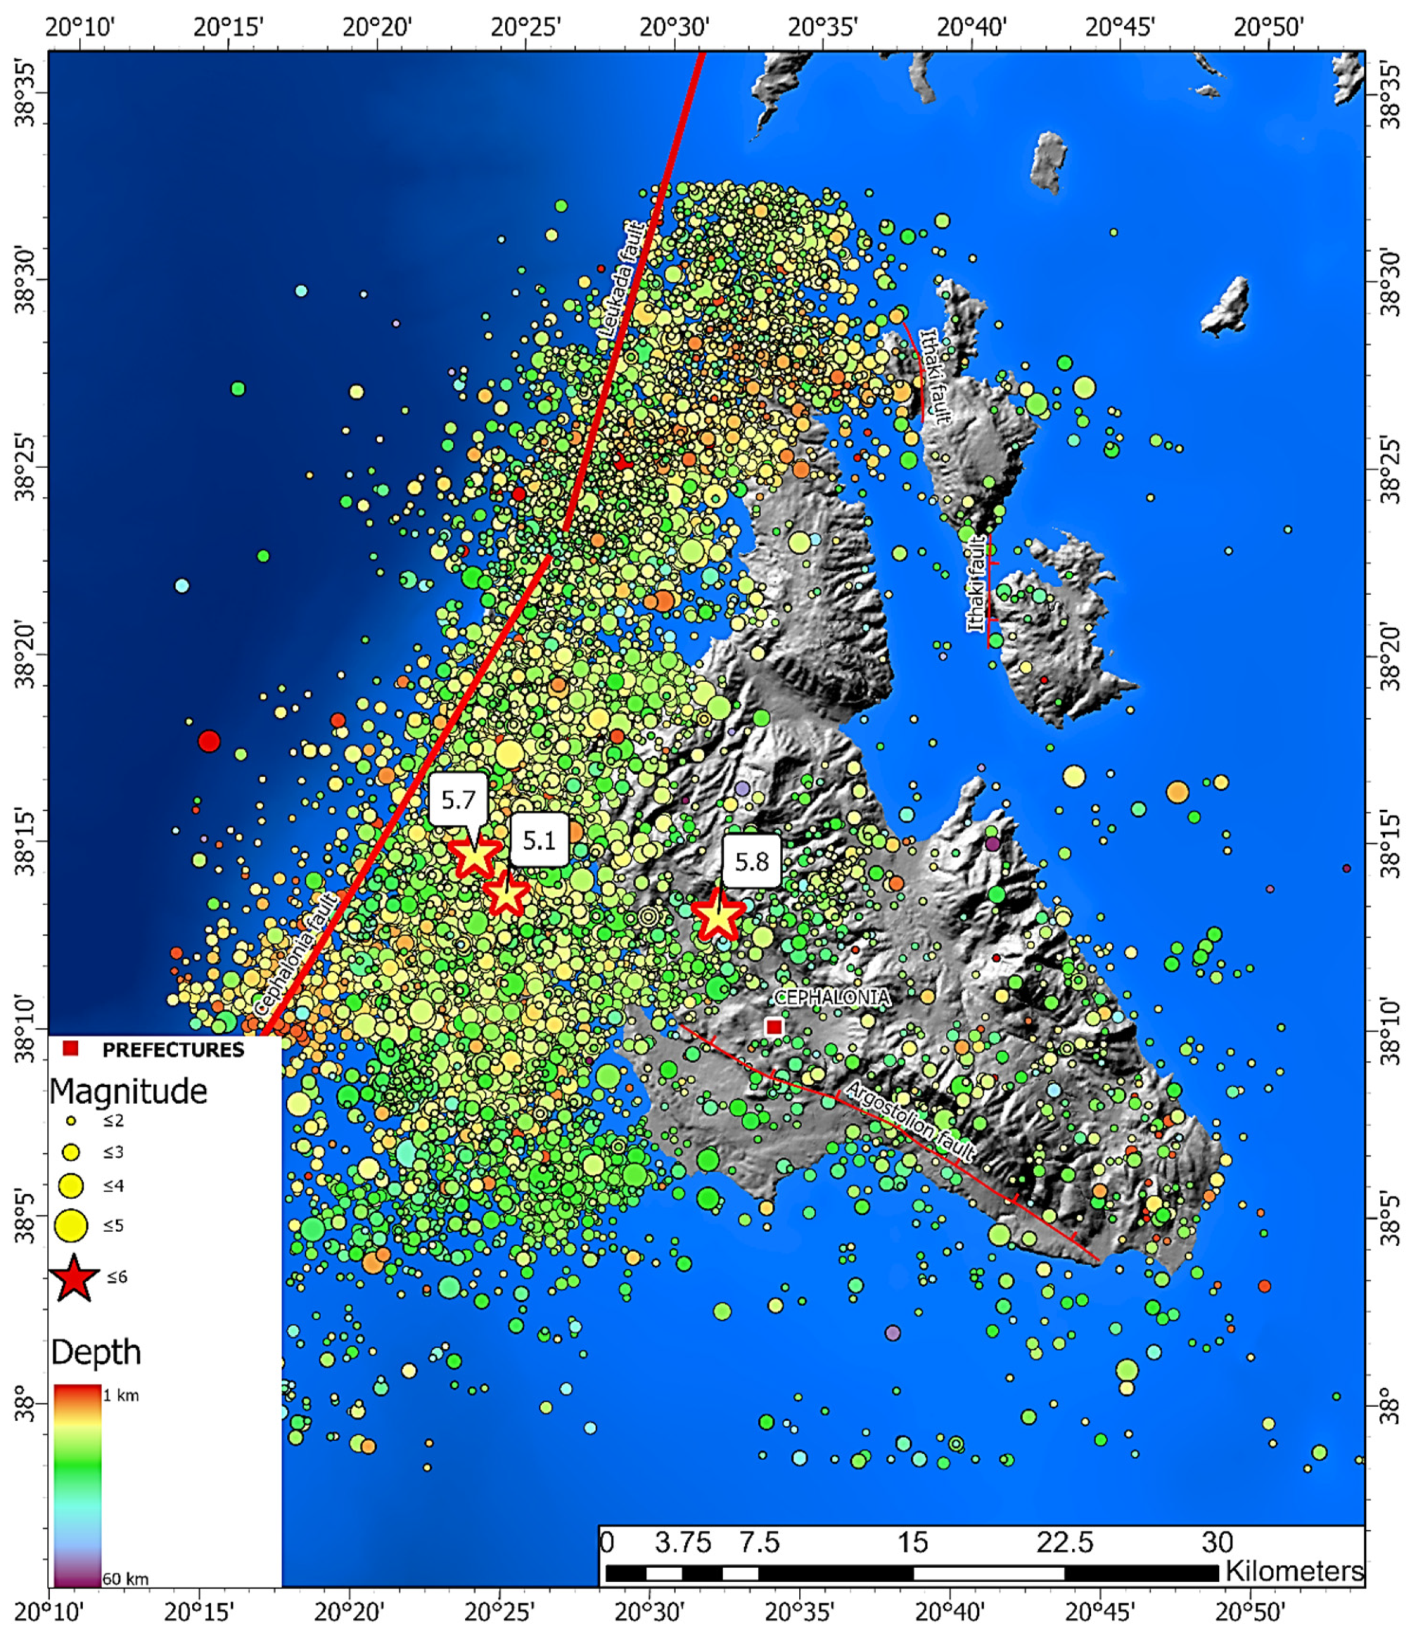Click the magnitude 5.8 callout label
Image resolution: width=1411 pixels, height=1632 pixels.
tap(751, 862)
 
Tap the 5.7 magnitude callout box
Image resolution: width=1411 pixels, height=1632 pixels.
tap(459, 800)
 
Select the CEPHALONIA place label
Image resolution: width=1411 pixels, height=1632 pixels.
tap(832, 998)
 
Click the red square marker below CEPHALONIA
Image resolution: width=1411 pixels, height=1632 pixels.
tap(773, 1027)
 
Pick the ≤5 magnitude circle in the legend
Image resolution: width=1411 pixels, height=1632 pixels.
tap(72, 1225)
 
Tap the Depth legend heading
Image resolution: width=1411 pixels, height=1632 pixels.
tap(96, 1352)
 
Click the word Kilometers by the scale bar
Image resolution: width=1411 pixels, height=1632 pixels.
tap(1294, 1572)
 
